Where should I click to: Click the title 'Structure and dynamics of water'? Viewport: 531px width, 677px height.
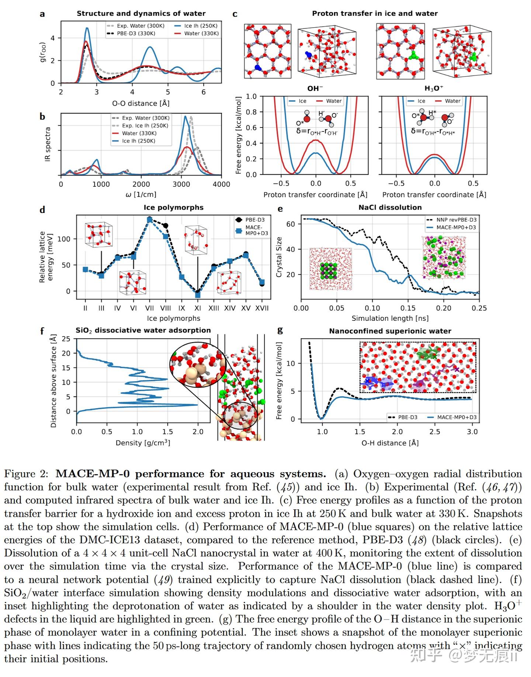click(141, 14)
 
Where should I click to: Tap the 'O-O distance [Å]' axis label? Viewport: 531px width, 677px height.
click(141, 104)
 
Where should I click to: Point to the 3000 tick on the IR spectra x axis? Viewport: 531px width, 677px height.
click(181, 184)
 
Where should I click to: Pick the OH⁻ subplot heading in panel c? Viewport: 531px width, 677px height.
click(315, 89)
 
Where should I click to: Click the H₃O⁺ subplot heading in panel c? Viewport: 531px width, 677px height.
click(434, 89)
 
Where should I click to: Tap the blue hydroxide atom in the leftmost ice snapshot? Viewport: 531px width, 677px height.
click(258, 68)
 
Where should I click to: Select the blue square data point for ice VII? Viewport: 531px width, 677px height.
click(150, 220)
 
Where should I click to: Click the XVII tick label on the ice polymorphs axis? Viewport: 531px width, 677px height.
click(262, 308)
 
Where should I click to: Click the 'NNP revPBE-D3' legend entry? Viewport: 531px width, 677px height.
click(456, 220)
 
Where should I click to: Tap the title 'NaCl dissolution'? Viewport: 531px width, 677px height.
click(390, 207)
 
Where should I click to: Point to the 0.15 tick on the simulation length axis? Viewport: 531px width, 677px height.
click(408, 308)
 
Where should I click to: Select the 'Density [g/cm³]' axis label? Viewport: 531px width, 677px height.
click(143, 443)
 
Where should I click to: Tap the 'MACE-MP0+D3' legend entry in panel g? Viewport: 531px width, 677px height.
click(457, 417)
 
